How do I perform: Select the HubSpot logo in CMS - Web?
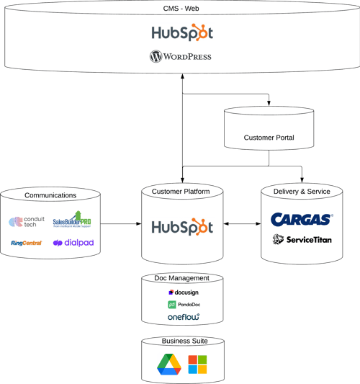tap(182, 33)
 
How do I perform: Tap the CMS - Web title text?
tap(180, 7)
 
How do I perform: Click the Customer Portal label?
tap(269, 138)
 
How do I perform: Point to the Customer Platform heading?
tap(181, 191)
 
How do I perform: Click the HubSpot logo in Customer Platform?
tap(182, 226)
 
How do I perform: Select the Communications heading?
tap(50, 195)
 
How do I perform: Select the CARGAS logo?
tap(302, 219)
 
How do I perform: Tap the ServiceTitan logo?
tap(302, 239)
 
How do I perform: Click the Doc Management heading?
tap(181, 278)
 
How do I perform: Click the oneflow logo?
tap(183, 316)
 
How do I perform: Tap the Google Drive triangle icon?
tap(169, 365)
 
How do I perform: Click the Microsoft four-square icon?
tap(197, 365)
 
